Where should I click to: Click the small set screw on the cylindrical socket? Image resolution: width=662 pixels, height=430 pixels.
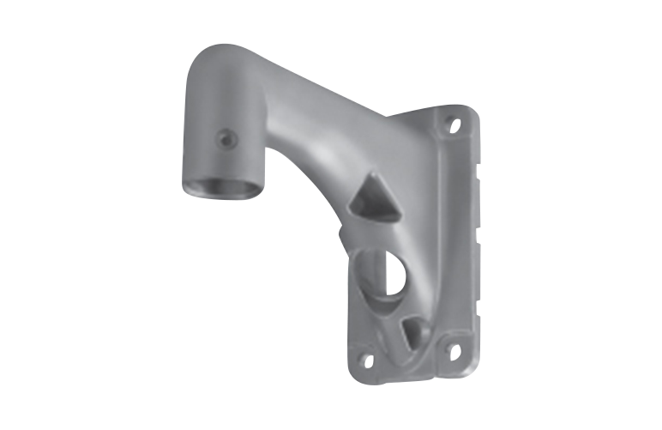(225, 138)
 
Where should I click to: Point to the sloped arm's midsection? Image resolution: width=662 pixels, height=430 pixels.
(317, 112)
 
